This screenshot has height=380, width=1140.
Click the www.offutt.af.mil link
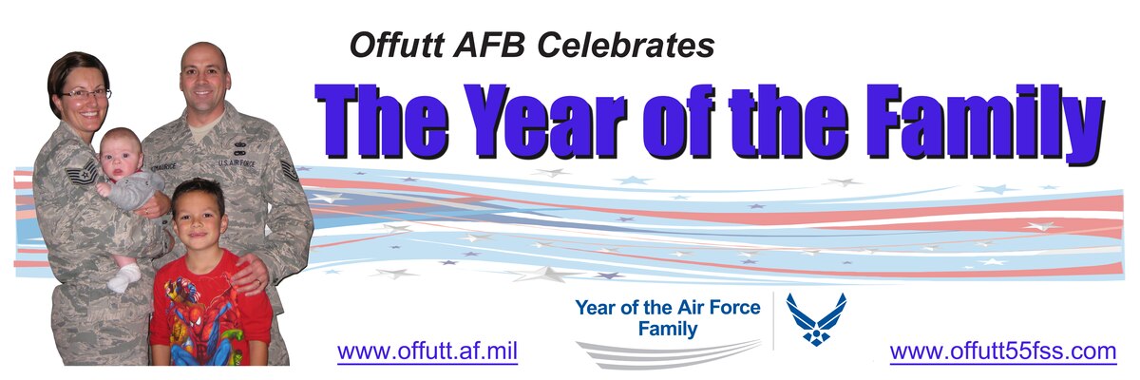pos(427,351)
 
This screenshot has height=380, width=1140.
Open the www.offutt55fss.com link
pos(1002,351)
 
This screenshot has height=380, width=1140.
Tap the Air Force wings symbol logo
pos(815,318)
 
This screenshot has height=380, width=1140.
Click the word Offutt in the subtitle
pos(385,45)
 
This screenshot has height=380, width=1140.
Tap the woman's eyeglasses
pos(85,94)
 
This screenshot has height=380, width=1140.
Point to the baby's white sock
pos(123,276)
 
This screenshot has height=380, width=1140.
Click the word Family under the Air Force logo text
pos(668,330)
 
